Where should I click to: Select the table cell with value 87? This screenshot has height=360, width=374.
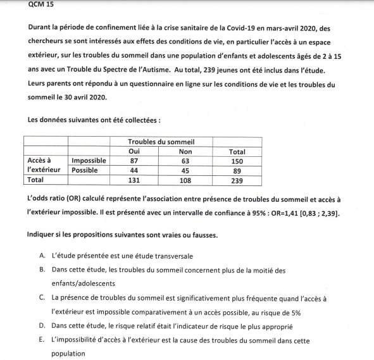click(134, 161)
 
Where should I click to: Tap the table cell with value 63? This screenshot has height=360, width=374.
click(185, 161)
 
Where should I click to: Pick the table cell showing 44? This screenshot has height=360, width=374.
click(134, 170)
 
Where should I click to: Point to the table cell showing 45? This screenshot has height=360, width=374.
click(185, 170)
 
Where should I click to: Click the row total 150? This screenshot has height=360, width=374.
click(237, 161)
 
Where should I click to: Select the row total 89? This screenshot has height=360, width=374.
click(237, 170)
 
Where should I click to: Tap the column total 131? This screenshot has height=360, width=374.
click(134, 180)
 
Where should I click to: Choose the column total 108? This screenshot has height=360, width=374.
click(185, 180)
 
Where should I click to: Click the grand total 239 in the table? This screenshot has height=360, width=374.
click(237, 180)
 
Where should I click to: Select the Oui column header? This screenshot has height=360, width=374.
click(134, 152)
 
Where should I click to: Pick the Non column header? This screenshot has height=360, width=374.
click(185, 152)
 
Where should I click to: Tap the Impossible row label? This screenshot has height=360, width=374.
click(89, 161)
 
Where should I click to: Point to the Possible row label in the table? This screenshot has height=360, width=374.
click(85, 170)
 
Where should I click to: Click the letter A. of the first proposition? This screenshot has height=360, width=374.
click(42, 256)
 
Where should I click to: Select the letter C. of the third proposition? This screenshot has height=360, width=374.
click(42, 297)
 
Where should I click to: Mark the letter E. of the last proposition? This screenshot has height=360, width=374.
click(42, 340)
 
